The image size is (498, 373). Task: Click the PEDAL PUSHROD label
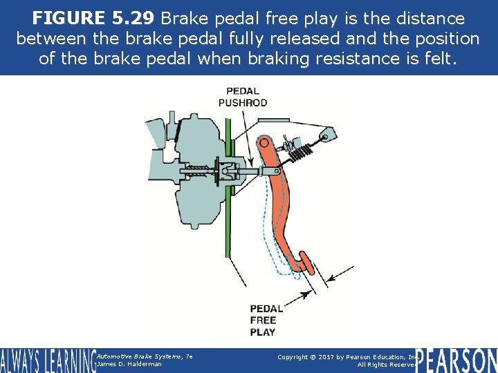pos(243,97)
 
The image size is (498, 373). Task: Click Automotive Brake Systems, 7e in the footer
pos(145,356)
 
